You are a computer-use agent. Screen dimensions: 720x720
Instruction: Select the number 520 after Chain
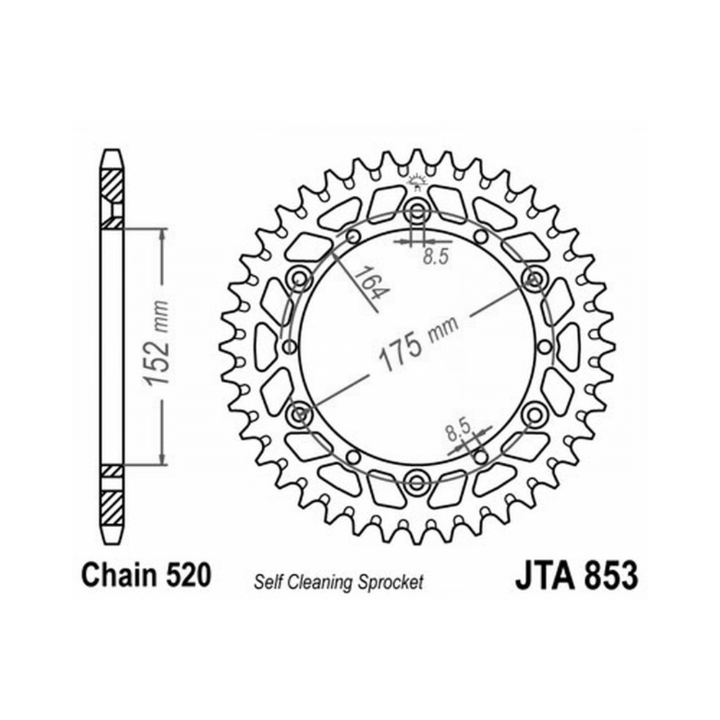[x=188, y=575]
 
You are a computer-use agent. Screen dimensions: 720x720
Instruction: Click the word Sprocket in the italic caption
[x=390, y=582]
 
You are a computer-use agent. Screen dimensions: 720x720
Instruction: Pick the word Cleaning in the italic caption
[x=320, y=582]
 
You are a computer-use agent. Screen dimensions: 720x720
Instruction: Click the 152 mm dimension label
[x=156, y=343]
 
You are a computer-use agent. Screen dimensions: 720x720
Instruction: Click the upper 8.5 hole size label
[x=436, y=256]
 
